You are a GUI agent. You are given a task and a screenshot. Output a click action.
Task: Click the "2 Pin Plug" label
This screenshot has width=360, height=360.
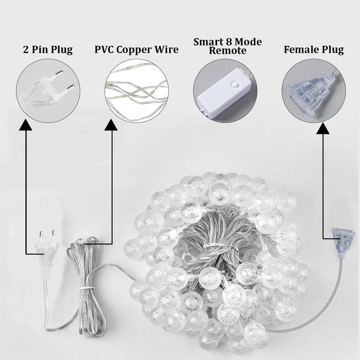[x=48, y=50]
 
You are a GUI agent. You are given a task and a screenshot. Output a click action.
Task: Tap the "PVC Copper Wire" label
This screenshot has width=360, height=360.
[x=137, y=50]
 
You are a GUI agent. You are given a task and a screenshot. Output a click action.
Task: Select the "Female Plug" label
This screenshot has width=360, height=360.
[x=314, y=50]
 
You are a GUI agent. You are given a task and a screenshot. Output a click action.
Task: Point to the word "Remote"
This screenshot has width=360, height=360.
[x=227, y=51]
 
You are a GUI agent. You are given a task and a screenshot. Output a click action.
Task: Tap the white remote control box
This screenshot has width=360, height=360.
[x=224, y=94]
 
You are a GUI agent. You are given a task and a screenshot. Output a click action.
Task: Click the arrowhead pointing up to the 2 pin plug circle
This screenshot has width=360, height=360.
[x=25, y=125]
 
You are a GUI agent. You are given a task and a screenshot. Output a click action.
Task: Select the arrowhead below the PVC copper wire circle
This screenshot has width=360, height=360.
[x=111, y=125]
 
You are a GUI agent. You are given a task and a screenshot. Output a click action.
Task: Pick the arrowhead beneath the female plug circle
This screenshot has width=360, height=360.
[x=323, y=128]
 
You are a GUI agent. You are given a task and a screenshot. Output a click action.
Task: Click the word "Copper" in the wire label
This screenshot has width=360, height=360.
[x=136, y=50]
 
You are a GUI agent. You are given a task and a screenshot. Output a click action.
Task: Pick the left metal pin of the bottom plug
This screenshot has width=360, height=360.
[x=41, y=234]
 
